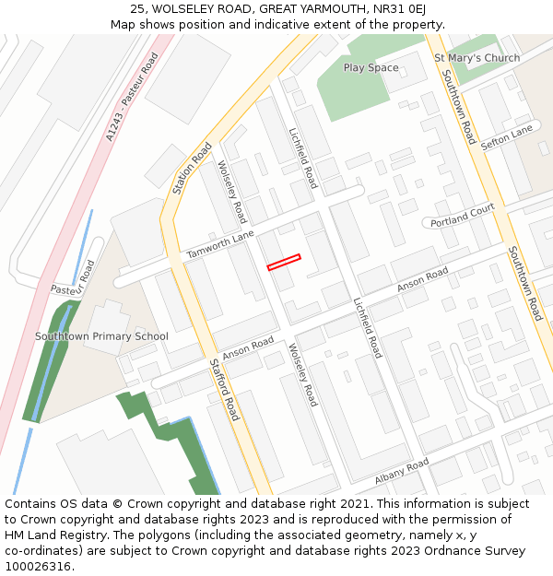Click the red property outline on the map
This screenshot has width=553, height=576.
pyautogui.click(x=284, y=263)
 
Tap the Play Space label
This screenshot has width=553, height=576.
pyautogui.click(x=371, y=68)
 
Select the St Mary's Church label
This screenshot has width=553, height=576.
pyautogui.click(x=477, y=58)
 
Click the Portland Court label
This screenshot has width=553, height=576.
pyautogui.click(x=464, y=217)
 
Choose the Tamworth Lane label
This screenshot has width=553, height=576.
pyautogui.click(x=220, y=244)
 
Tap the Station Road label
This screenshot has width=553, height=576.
pyautogui.click(x=192, y=169)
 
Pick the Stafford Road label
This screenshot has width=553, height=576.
pyautogui.click(x=223, y=389)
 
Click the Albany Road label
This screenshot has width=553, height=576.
pyautogui.click(x=402, y=471)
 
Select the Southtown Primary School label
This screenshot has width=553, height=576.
pyautogui.click(x=101, y=336)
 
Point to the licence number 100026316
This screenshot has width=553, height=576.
pyautogui.click(x=40, y=567)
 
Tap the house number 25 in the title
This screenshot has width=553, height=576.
pyautogui.click(x=137, y=8)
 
